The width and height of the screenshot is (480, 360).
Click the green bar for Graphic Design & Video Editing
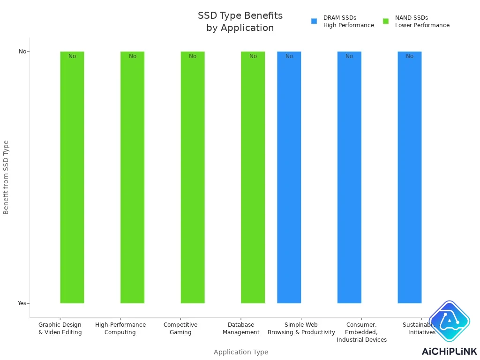click(x=72, y=178)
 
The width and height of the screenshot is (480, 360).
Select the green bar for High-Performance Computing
click(x=132, y=178)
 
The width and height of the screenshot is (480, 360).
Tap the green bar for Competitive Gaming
click(x=193, y=178)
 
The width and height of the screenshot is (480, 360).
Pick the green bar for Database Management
click(x=253, y=178)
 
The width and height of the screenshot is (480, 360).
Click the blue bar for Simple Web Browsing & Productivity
click(x=289, y=178)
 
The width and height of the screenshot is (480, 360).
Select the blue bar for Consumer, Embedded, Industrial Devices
click(x=349, y=178)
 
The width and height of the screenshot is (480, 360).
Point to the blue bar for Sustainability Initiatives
click(x=410, y=178)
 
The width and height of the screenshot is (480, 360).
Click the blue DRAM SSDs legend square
click(x=314, y=21)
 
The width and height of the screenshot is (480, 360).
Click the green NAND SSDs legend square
click(x=386, y=21)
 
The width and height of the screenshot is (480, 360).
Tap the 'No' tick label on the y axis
click(x=22, y=52)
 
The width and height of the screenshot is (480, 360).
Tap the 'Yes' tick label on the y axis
click(x=22, y=303)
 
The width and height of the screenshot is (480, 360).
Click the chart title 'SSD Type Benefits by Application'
click(x=240, y=22)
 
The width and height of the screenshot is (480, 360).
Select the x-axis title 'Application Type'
click(x=241, y=352)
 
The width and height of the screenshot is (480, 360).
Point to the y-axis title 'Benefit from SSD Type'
click(x=6, y=177)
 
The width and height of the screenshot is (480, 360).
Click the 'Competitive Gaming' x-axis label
click(x=180, y=329)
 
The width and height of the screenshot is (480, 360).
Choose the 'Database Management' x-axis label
click(x=241, y=329)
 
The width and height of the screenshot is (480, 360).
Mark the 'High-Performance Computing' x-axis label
click(x=120, y=329)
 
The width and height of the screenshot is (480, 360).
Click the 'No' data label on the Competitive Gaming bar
click(x=193, y=56)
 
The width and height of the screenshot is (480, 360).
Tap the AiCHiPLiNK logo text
click(x=449, y=352)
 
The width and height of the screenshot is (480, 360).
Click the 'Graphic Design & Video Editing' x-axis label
click(x=60, y=329)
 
